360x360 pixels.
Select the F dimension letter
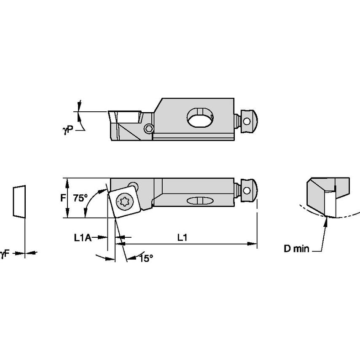(63, 198)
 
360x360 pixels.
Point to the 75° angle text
(80, 198)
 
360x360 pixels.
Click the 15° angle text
(145, 259)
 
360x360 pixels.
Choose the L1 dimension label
(182, 238)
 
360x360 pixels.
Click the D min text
(296, 249)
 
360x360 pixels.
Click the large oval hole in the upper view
(200, 117)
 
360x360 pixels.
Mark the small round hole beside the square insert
(134, 185)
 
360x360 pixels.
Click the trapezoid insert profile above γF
(19, 201)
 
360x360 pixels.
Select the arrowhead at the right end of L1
(254, 243)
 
